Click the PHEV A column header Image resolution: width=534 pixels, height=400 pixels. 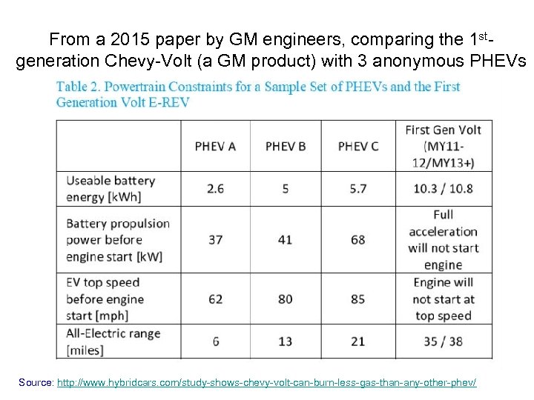pyautogui.click(x=215, y=146)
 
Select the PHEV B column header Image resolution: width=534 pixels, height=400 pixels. pyautogui.click(x=286, y=146)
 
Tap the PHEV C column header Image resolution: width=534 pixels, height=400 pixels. pyautogui.click(x=358, y=146)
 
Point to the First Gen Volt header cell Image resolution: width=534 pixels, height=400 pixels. pyautogui.click(x=443, y=146)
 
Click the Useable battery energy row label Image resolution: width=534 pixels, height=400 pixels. pyautogui.click(x=111, y=189)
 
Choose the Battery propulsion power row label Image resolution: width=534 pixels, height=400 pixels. pyautogui.click(x=117, y=239)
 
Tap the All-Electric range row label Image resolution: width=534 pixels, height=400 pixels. pyautogui.click(x=113, y=341)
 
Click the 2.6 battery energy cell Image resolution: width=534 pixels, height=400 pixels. pyautogui.click(x=215, y=189)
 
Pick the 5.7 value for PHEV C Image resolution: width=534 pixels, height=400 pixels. pyautogui.click(x=358, y=189)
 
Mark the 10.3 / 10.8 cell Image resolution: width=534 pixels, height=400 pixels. pyautogui.click(x=443, y=189)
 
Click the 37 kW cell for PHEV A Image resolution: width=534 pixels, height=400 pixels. pyautogui.click(x=215, y=239)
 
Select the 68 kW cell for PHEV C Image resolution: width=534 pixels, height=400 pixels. pyautogui.click(x=358, y=239)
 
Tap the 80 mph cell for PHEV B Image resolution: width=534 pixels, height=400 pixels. pyautogui.click(x=286, y=299)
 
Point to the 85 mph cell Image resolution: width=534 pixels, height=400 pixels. pyautogui.click(x=358, y=299)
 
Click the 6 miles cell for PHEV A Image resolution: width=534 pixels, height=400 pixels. pyautogui.click(x=215, y=341)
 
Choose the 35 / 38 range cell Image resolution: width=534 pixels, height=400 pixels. pyautogui.click(x=443, y=341)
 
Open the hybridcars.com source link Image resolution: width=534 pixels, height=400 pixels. pyautogui.click(x=266, y=382)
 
